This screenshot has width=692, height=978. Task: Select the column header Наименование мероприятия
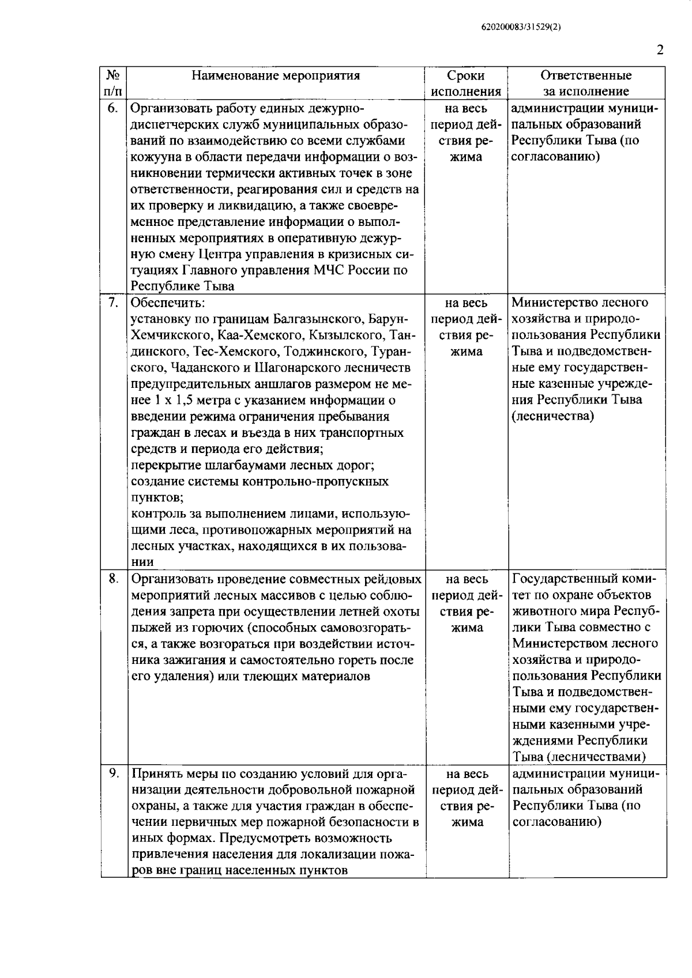pos(276,75)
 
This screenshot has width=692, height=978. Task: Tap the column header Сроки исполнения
pos(466,84)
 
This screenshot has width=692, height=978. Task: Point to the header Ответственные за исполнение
pos(586,84)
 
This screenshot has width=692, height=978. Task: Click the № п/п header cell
pos(113,84)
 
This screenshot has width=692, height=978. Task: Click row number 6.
pos(113,108)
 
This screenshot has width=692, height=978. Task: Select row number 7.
pos(113,303)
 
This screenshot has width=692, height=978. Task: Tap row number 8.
pos(113,578)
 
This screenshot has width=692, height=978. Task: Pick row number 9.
pos(113,773)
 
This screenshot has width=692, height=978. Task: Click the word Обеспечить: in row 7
pos(167,303)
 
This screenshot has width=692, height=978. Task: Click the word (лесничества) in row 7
pos(552,416)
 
